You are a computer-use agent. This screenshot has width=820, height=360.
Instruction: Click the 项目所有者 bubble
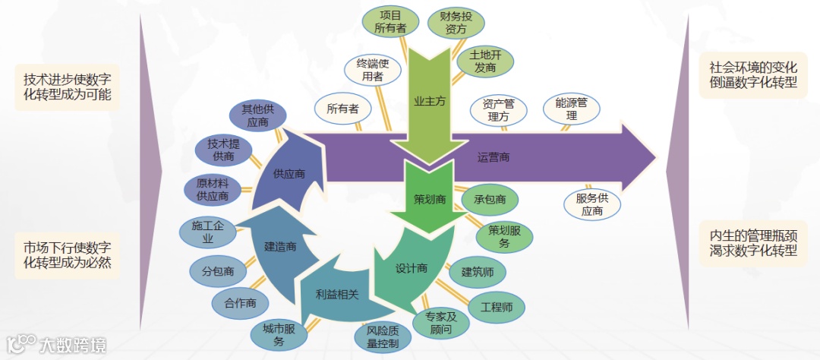[390, 21]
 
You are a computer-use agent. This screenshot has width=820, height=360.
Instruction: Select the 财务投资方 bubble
[456, 23]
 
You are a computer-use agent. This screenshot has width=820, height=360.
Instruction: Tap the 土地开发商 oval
[484, 62]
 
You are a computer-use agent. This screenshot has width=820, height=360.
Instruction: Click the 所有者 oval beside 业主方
[342, 109]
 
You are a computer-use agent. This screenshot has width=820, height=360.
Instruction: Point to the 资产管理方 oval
[498, 110]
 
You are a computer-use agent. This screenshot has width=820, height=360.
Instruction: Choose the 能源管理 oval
[572, 109]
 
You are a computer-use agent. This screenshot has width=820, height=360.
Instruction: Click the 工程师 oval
[497, 308]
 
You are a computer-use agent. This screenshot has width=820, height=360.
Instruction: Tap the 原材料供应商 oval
[213, 190]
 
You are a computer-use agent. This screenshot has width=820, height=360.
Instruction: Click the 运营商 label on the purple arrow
[494, 158]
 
